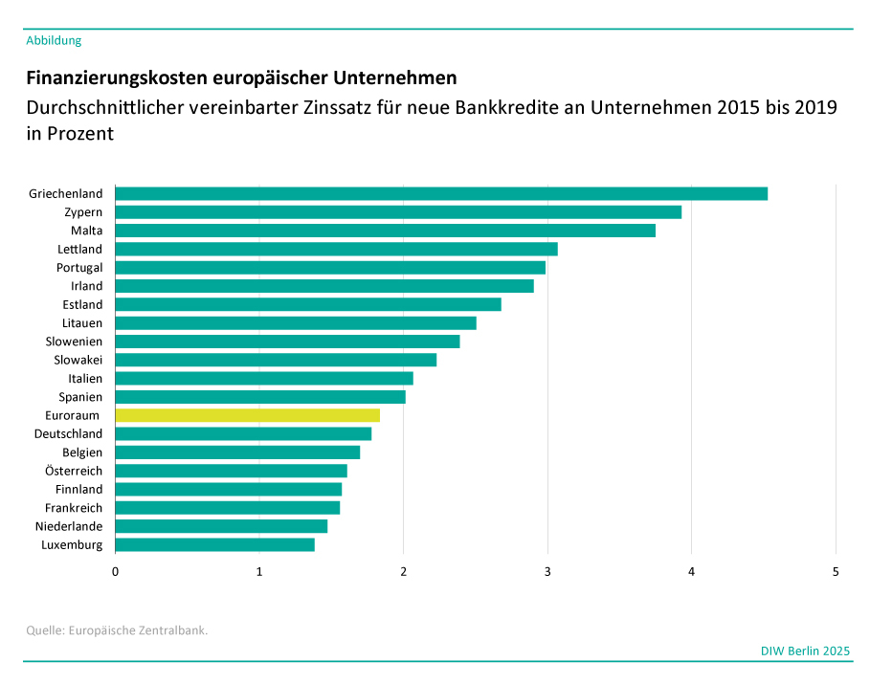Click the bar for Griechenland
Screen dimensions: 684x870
[x=440, y=194]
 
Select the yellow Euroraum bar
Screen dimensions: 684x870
[x=247, y=415]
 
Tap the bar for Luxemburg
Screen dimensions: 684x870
[x=214, y=544]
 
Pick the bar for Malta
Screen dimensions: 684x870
[x=385, y=231]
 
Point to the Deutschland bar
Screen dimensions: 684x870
[x=243, y=433]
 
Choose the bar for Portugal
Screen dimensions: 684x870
[x=330, y=268]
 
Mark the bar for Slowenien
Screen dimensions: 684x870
[x=287, y=342]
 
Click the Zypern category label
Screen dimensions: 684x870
[x=83, y=212]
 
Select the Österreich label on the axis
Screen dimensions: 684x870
[x=74, y=471]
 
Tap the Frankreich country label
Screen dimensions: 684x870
[x=74, y=508]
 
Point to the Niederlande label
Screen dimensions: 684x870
[x=69, y=526]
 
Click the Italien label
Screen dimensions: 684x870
[x=85, y=379]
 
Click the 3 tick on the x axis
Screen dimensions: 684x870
[x=547, y=572]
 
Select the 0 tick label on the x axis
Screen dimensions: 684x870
[x=116, y=572]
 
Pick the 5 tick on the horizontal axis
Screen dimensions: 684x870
[x=836, y=572]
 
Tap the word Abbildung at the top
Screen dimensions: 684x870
[x=54, y=40]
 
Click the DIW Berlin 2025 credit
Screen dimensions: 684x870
[x=805, y=651]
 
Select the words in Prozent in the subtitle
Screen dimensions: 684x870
[x=70, y=134]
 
